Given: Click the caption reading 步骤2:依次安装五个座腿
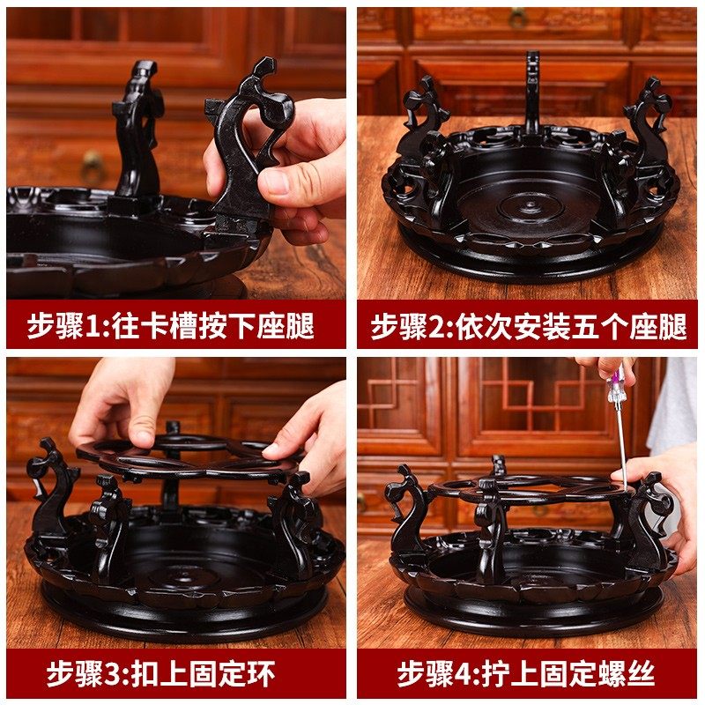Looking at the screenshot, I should point(527,326).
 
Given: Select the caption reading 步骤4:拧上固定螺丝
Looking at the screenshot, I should point(527,674).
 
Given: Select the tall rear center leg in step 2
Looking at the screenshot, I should point(532,93).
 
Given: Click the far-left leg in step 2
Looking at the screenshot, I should point(420,123).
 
